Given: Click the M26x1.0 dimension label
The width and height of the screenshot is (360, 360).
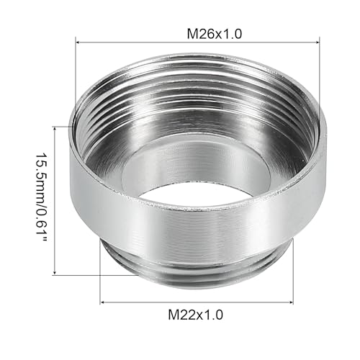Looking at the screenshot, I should coord(195,33).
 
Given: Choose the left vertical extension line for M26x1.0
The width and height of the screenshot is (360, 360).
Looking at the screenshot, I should coord(76,79).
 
